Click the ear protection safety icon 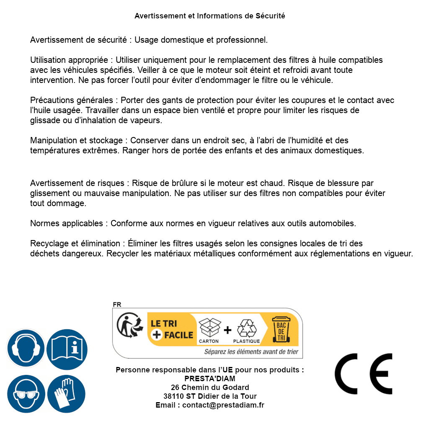coord(26,349)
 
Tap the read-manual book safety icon coord(67,349)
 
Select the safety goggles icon coord(26,394)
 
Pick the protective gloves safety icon coord(67,394)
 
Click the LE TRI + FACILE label coord(172,329)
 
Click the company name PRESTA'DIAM coord(210,379)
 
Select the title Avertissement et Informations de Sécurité coord(210,16)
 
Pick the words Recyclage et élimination coord(75,243)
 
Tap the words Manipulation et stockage coord(76,140)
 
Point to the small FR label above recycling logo coord(117,305)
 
